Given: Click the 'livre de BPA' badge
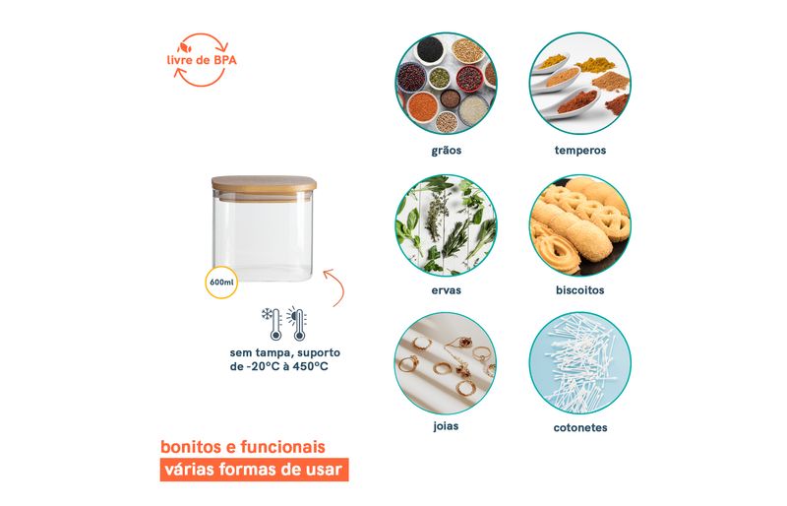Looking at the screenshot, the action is (x=202, y=60).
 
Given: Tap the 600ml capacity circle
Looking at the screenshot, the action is (x=221, y=283).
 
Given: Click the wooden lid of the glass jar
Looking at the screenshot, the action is (x=264, y=185).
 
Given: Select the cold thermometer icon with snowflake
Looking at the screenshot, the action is (x=272, y=324).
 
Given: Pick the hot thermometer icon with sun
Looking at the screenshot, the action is (x=297, y=324).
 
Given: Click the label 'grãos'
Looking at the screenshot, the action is (x=447, y=151).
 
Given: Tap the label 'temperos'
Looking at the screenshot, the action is (x=580, y=151).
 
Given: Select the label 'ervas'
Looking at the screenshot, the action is (x=447, y=290).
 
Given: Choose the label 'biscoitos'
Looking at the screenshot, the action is (x=580, y=290).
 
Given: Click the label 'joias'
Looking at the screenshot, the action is (x=446, y=426).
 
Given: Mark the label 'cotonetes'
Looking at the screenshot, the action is (x=580, y=427).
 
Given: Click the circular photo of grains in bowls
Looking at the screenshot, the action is (x=446, y=84).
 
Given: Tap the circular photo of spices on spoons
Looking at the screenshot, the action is (x=580, y=84).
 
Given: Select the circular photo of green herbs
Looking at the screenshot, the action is (x=446, y=225).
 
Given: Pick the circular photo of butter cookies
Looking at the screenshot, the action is (x=580, y=225).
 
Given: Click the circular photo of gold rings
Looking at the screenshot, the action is (x=446, y=363).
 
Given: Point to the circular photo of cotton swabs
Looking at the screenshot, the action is (x=580, y=363).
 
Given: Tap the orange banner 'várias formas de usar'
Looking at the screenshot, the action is (x=254, y=470).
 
